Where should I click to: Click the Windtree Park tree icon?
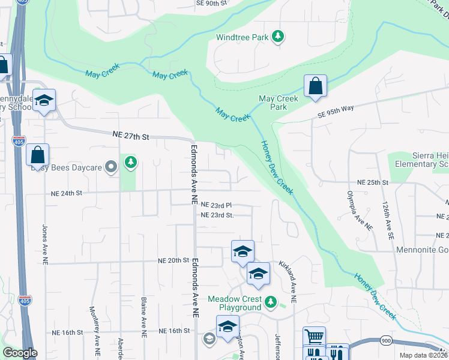tap(277, 37)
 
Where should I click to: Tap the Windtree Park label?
tap(243, 37)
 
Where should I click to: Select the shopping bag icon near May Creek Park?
tap(315, 86)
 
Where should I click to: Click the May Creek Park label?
tap(278, 103)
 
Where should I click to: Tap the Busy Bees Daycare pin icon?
tap(110, 167)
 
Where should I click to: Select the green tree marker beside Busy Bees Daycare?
tap(130, 162)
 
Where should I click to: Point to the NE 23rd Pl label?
tap(216, 205)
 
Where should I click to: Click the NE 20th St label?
tap(173, 261)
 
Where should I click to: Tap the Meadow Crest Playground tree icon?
tap(271, 301)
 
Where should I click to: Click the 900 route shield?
tap(385, 341)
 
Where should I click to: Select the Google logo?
tap(20, 353)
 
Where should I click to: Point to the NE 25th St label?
tap(373, 182)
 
